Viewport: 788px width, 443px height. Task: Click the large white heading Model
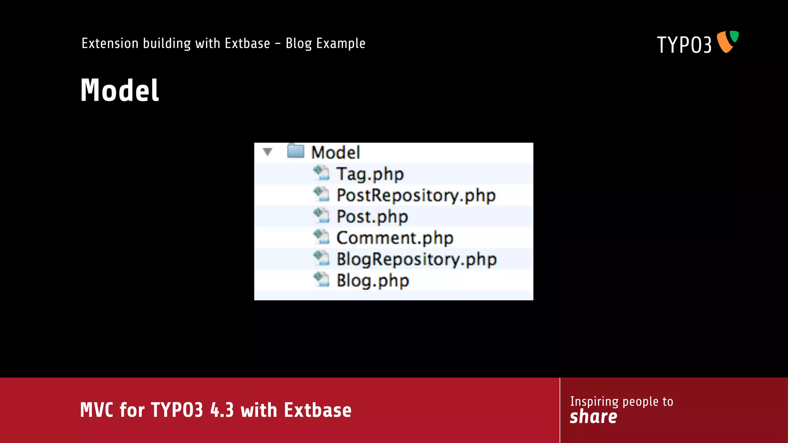tap(120, 90)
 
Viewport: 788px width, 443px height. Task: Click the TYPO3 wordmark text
tap(684, 45)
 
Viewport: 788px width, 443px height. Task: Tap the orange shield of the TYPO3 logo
tap(725, 43)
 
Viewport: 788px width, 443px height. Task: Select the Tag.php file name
tap(370, 174)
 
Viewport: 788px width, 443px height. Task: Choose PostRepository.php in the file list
tap(416, 195)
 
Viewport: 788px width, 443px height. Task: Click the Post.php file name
tap(372, 217)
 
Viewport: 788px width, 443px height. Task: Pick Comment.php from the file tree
tap(395, 238)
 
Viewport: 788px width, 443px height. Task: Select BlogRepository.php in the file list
tap(417, 259)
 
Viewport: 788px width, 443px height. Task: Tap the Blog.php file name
tap(372, 281)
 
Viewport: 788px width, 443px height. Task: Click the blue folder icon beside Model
tap(295, 151)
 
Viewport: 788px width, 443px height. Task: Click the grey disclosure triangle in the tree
tap(268, 152)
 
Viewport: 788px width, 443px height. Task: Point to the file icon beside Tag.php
tap(321, 173)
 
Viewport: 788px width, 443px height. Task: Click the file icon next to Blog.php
tap(321, 280)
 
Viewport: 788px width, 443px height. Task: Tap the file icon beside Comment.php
tap(321, 237)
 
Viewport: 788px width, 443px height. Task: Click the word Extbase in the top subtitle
tap(247, 43)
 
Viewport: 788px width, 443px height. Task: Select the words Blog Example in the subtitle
tap(326, 43)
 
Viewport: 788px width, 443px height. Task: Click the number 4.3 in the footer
tap(222, 410)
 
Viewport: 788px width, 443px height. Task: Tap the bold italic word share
tap(593, 417)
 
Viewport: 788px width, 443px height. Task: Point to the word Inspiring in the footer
tap(594, 401)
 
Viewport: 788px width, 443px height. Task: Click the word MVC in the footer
tap(97, 410)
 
